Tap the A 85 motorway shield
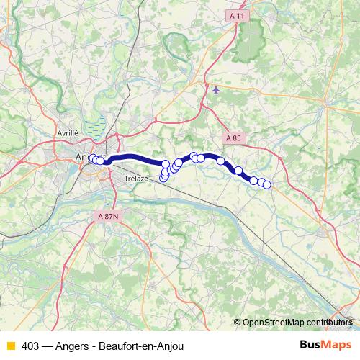pos(233,138)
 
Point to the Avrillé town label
pos(67,132)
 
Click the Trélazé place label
pos(135,179)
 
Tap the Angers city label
pos(85,156)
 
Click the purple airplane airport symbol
pos(217,90)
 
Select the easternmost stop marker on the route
pos(266,185)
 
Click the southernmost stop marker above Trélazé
pos(163,178)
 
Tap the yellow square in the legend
pos(10,346)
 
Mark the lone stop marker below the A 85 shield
pos(221,161)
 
